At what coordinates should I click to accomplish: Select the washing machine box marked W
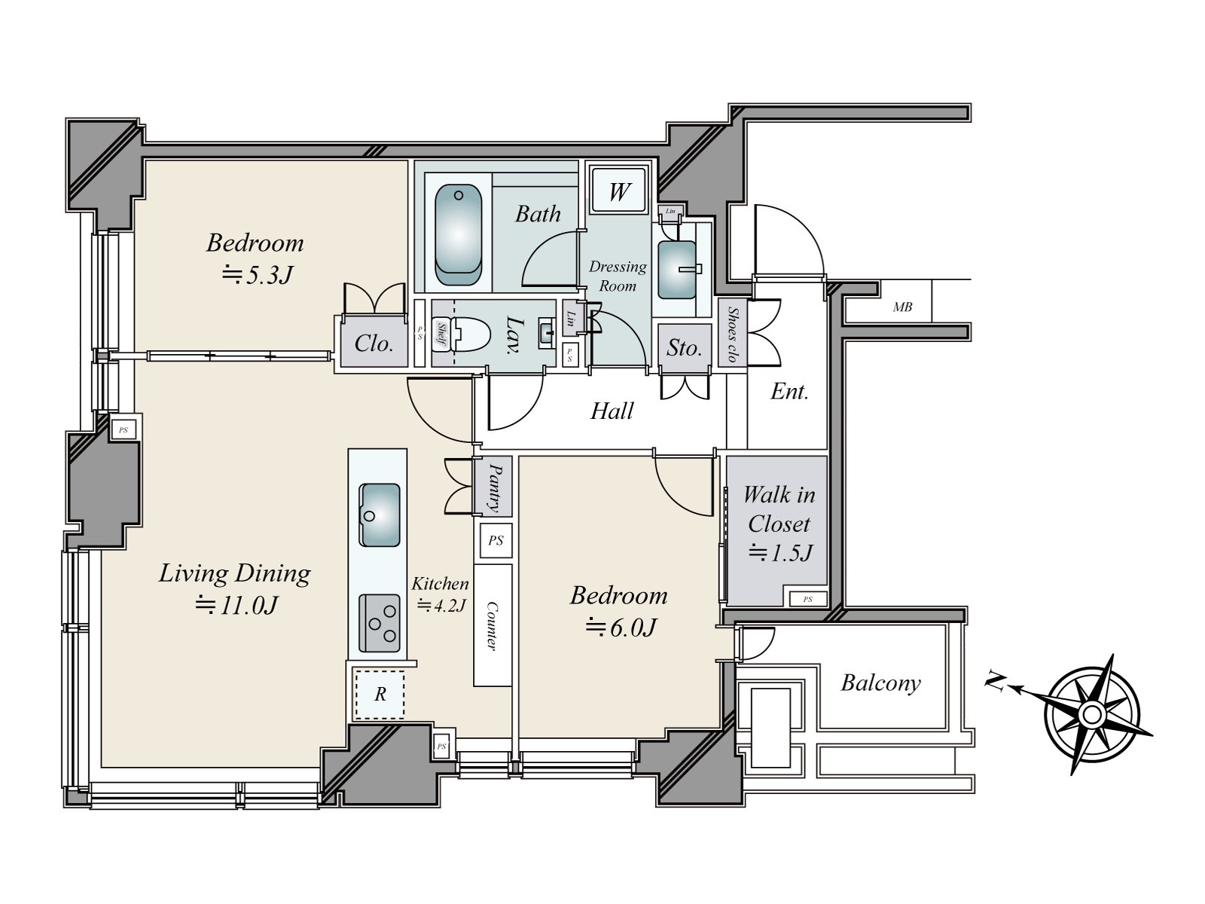tap(618, 191)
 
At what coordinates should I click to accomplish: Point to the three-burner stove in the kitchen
tap(380, 623)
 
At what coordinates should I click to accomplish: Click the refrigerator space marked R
tap(380, 694)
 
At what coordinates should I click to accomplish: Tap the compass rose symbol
tap(1092, 713)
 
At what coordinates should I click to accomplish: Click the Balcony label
tap(880, 683)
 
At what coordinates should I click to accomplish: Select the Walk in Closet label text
tap(779, 509)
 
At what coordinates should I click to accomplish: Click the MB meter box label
tap(902, 307)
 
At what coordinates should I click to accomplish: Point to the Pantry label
tap(494, 487)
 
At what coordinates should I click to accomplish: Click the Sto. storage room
tap(684, 347)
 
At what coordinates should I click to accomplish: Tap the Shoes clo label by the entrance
tap(731, 334)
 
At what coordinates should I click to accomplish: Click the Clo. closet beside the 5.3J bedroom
tap(374, 344)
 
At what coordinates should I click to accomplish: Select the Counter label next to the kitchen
tap(492, 625)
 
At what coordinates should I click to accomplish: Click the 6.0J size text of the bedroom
tap(621, 627)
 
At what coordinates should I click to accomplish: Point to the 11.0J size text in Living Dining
tap(237, 604)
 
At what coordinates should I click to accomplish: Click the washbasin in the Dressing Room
tap(678, 269)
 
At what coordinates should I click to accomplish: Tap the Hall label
tap(612, 411)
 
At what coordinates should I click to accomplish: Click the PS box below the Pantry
tap(495, 540)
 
